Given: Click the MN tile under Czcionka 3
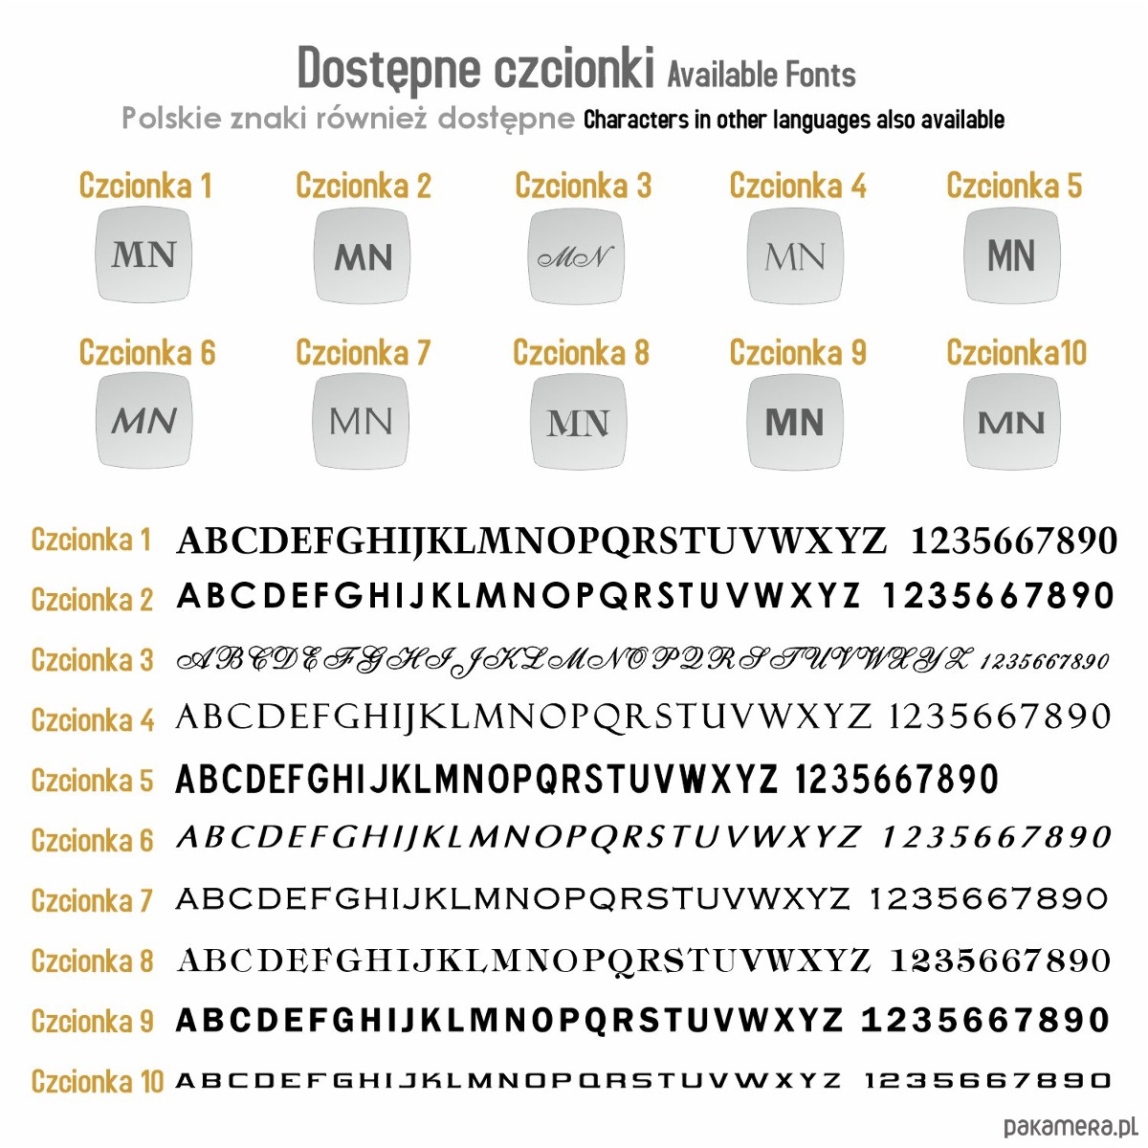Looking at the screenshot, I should pyautogui.click(x=576, y=256).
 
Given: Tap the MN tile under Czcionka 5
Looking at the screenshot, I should pyautogui.click(x=1012, y=255).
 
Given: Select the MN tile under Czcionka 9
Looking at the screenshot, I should pyautogui.click(x=795, y=422).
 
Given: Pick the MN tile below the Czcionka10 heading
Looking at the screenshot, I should pyautogui.click(x=1012, y=422).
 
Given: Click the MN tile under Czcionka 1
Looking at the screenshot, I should pyautogui.click(x=144, y=255).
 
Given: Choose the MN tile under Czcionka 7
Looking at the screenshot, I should pyautogui.click(x=361, y=422).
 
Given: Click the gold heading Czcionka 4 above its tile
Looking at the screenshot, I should pyautogui.click(x=798, y=186).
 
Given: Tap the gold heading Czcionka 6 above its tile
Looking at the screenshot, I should pyautogui.click(x=147, y=353).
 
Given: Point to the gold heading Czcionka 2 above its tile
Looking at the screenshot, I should pyautogui.click(x=364, y=186).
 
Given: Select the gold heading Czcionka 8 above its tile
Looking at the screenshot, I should pyautogui.click(x=581, y=353).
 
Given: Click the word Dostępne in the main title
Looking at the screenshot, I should pyautogui.click(x=388, y=68).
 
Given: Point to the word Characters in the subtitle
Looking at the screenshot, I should pyautogui.click(x=636, y=120).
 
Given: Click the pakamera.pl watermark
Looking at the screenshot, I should pyautogui.click(x=1069, y=1127).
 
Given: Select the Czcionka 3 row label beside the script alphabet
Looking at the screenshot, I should pyautogui.click(x=92, y=660).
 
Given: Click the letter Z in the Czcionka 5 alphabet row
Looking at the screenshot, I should pyautogui.click(x=767, y=781).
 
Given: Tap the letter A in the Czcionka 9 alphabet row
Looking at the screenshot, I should pyautogui.click(x=188, y=1021).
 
